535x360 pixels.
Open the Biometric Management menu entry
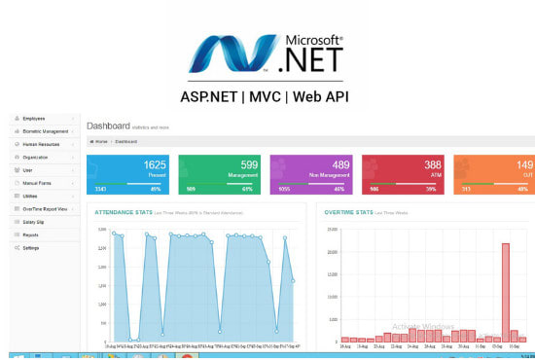coord(45,130)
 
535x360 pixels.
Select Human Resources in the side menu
coord(40,144)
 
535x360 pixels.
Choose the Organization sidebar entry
coord(36,157)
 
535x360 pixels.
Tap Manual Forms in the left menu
coord(36,183)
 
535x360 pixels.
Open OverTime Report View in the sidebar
coord(45,209)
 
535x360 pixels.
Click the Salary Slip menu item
coord(34,222)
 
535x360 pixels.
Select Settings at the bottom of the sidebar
coord(31,248)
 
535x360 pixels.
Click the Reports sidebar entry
coord(30,234)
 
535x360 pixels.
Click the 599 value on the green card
coord(250,166)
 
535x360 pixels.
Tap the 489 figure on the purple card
coord(341,166)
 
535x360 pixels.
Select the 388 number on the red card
coord(433,166)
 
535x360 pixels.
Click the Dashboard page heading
coord(106,126)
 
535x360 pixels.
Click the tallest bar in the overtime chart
coord(506,292)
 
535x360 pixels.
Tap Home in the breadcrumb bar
coord(100,142)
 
